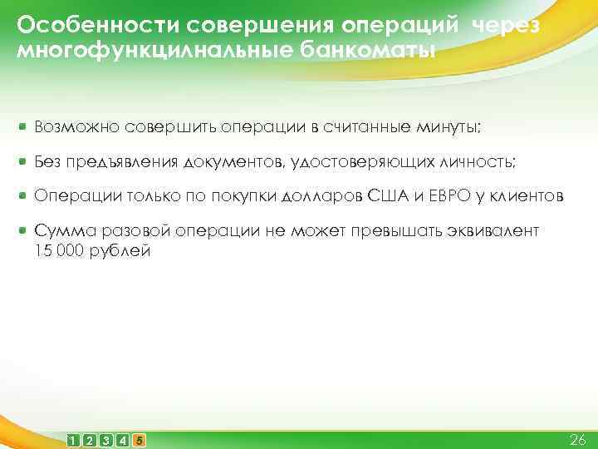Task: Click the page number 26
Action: click(x=577, y=438)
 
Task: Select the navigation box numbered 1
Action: click(x=75, y=439)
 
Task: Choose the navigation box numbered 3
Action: click(x=107, y=439)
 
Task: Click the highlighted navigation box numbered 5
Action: click(x=139, y=439)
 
